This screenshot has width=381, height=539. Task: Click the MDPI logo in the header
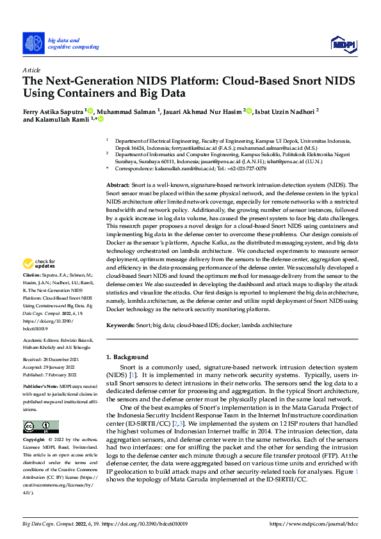point(343,43)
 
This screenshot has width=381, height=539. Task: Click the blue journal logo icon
point(35,42)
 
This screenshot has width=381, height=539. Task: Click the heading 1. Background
point(127,357)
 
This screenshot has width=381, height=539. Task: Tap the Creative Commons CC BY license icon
point(40,427)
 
